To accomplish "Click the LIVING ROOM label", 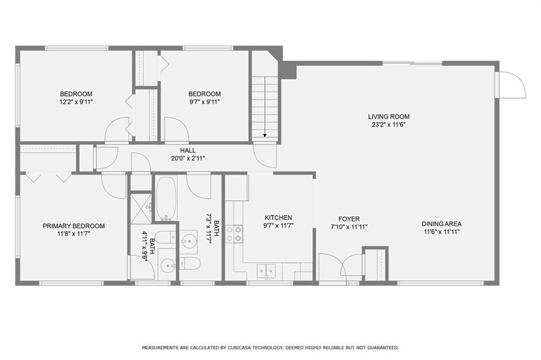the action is pos(388,117).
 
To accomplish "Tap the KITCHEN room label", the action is pos(278,218).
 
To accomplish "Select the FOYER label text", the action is pos(349,219).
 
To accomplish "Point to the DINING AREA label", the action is pos(441,224).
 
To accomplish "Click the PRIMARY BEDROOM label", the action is pos(74,226).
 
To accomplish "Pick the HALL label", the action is pos(188,151).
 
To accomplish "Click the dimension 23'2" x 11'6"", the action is pos(388,125).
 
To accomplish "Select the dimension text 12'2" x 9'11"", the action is pos(76,102).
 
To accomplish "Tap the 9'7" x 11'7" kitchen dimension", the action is pos(278,226).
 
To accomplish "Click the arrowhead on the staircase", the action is pos(265,135).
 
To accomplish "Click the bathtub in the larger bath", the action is pos(166,198).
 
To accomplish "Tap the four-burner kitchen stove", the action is pos(234,234).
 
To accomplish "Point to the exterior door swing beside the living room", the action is pos(512,85).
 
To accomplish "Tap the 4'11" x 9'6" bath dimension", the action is pos(147,247).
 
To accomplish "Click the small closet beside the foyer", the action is pos(375,264).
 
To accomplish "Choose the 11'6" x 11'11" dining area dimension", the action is pos(442,232).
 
